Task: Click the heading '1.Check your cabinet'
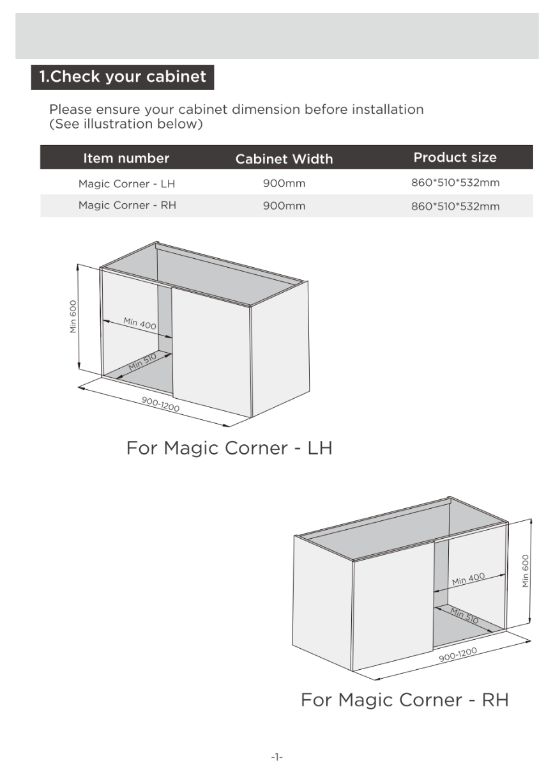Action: (x=123, y=76)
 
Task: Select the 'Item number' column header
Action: (x=126, y=159)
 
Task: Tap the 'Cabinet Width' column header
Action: (x=284, y=159)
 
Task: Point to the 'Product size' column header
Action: (x=455, y=157)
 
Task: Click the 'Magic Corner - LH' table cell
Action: (x=126, y=184)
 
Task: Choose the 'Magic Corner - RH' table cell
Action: (x=127, y=205)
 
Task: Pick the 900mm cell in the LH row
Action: (x=284, y=183)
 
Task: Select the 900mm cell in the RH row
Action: (x=284, y=206)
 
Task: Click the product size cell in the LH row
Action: (x=455, y=183)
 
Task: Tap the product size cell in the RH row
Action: (x=455, y=206)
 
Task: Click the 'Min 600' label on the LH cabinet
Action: (x=73, y=316)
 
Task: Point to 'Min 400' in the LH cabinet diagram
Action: (x=140, y=323)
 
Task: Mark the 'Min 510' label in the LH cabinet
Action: (x=142, y=362)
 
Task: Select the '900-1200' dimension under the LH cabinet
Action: (x=160, y=404)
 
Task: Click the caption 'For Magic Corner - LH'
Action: (x=229, y=448)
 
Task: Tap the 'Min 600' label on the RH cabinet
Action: (x=526, y=571)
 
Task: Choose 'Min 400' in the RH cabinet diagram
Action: (x=468, y=579)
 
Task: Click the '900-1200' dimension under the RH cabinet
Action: (x=458, y=655)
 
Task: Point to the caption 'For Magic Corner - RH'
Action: (x=405, y=699)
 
